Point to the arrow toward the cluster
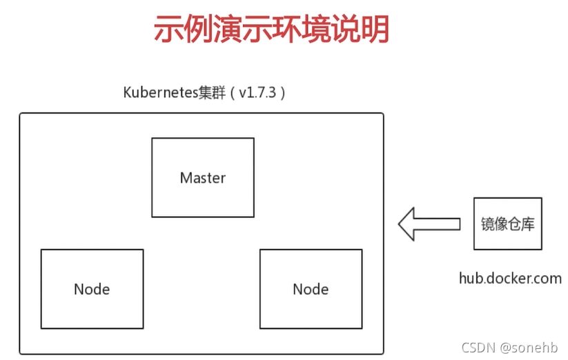click(x=429, y=224)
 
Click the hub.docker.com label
click(x=511, y=278)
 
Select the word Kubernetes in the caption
click(x=161, y=92)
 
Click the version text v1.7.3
click(x=257, y=93)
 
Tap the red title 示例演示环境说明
click(x=271, y=29)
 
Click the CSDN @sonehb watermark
click(x=509, y=348)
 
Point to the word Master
click(x=203, y=178)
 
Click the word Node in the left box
click(x=92, y=289)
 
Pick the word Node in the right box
click(x=311, y=289)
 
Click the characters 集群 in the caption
click(x=213, y=92)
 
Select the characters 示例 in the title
click(x=183, y=29)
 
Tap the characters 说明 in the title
click(x=360, y=29)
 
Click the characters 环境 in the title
click(x=301, y=29)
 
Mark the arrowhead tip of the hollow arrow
click(x=398, y=224)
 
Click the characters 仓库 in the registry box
click(x=521, y=224)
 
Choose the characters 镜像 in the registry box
click(x=494, y=224)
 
